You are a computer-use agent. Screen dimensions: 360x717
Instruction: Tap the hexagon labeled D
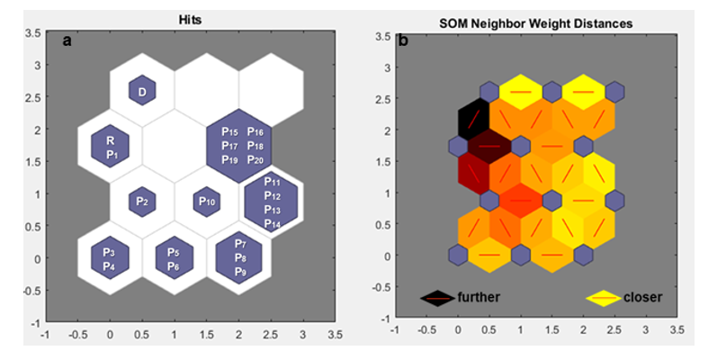click(x=142, y=90)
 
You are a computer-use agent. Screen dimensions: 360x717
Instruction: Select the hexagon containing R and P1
click(x=111, y=147)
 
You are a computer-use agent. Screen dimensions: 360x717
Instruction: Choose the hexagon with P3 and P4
click(x=110, y=258)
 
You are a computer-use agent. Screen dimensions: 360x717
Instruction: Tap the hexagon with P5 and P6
click(x=174, y=258)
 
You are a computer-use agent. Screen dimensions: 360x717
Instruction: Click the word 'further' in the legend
click(x=478, y=297)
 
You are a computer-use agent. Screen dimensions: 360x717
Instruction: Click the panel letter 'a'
click(x=67, y=40)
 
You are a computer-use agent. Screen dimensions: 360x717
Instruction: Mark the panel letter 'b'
click(x=403, y=40)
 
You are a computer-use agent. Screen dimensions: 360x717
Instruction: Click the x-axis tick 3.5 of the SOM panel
click(x=676, y=330)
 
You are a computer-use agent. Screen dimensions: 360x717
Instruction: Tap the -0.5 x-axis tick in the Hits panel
click(x=77, y=334)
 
